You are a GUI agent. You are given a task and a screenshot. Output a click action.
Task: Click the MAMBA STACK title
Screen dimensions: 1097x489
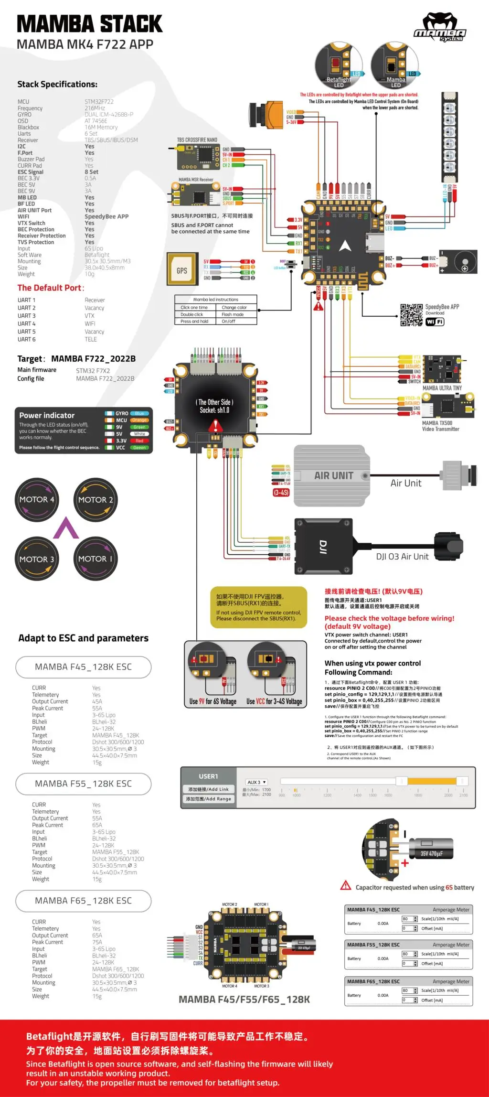point(89,24)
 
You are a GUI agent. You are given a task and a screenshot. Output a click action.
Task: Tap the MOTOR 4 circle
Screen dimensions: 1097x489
point(37,499)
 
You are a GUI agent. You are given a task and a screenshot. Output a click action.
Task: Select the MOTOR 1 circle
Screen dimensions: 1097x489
point(96,559)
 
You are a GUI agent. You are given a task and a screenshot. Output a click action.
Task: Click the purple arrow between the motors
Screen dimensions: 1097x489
point(66,528)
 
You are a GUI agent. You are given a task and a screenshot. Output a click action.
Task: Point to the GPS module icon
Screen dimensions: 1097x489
point(182,270)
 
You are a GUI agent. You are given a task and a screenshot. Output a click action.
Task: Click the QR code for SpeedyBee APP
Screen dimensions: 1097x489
point(411,315)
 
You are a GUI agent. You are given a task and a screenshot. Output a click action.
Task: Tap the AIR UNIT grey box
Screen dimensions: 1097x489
point(333,476)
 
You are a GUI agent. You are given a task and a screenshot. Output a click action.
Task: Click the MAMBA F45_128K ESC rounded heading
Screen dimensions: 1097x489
point(83,667)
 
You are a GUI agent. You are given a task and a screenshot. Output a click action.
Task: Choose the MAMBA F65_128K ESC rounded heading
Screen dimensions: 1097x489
point(83,901)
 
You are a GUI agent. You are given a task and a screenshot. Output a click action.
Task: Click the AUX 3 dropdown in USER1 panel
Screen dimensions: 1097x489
point(256,782)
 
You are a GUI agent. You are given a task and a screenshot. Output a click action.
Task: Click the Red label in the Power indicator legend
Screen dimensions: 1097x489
point(139,441)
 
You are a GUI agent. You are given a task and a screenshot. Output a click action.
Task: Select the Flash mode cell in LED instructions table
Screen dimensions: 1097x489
point(233,314)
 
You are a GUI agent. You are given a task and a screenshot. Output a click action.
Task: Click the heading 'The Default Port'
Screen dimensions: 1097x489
point(51,288)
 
